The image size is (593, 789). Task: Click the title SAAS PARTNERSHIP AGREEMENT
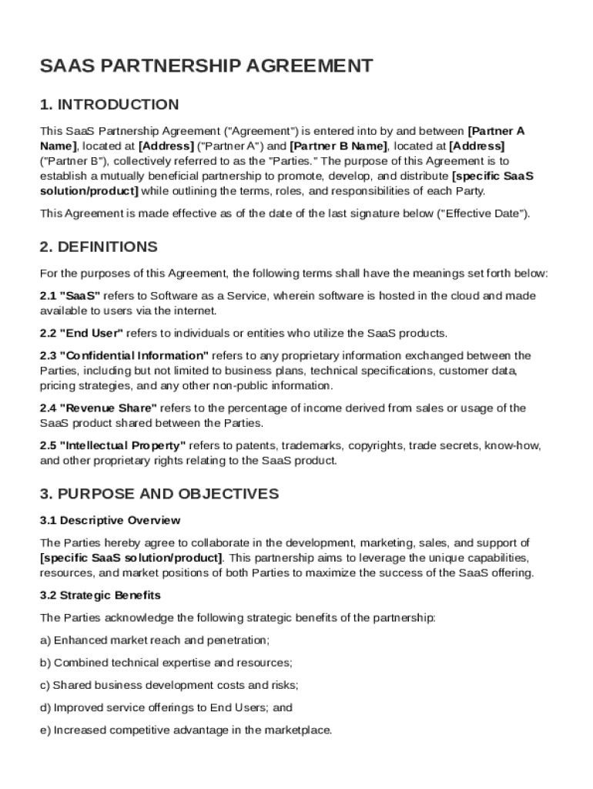click(x=206, y=66)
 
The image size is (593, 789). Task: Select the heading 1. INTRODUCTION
click(x=109, y=105)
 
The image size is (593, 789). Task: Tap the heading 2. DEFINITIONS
click(x=99, y=247)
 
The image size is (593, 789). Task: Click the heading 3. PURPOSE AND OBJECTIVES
click(x=159, y=494)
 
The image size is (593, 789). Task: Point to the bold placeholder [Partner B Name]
click(x=338, y=146)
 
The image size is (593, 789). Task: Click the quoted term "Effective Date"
click(x=482, y=213)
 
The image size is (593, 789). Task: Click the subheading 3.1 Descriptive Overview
click(x=110, y=520)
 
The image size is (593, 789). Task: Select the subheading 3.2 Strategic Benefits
click(x=100, y=596)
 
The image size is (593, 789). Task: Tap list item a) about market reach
click(x=155, y=640)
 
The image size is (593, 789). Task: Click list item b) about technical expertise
click(x=166, y=663)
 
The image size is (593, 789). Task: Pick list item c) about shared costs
click(x=169, y=685)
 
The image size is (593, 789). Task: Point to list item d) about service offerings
click(x=166, y=707)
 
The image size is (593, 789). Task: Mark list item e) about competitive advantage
click(x=186, y=730)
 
